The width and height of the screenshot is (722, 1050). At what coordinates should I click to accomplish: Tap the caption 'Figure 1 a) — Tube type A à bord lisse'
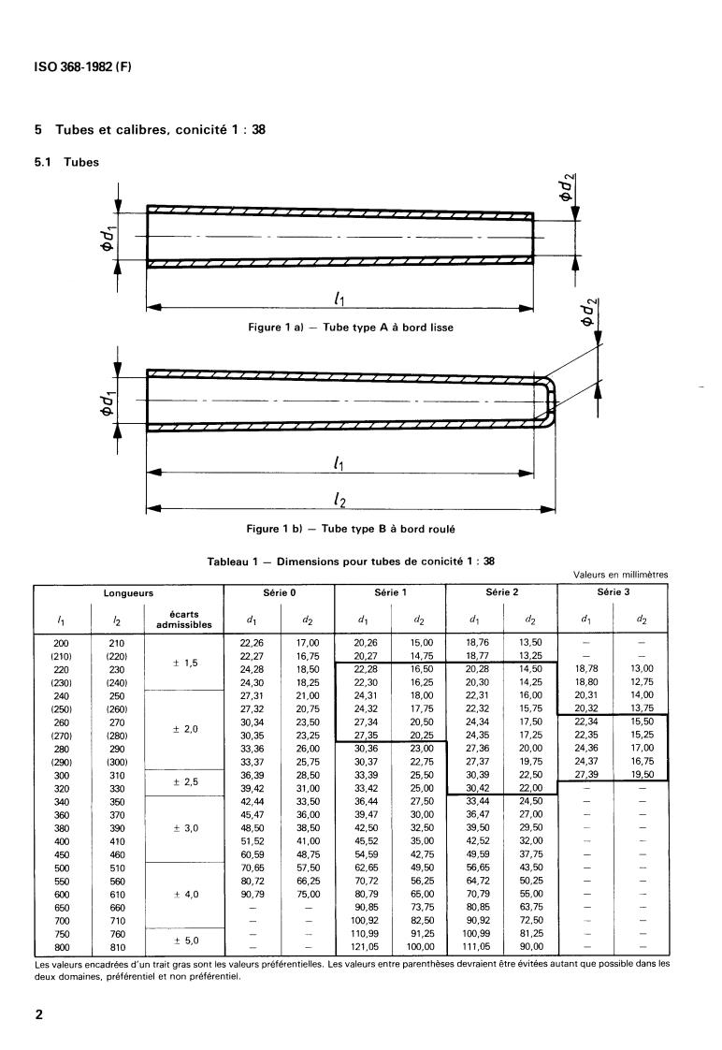(x=350, y=328)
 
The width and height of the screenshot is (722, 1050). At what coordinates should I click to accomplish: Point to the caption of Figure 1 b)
(x=350, y=529)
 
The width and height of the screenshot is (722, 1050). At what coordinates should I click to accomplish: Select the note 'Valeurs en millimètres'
(x=621, y=576)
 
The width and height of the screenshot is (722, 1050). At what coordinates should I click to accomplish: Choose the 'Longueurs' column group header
(x=128, y=593)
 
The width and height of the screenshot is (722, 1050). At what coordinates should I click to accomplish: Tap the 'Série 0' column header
(x=279, y=593)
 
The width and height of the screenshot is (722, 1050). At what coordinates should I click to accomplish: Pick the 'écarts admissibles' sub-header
(x=184, y=620)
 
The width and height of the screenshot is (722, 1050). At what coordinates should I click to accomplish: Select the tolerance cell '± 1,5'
(x=184, y=662)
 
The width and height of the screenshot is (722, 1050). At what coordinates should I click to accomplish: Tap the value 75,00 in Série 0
(x=307, y=894)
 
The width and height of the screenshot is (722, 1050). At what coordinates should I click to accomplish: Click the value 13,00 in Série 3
(x=640, y=669)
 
